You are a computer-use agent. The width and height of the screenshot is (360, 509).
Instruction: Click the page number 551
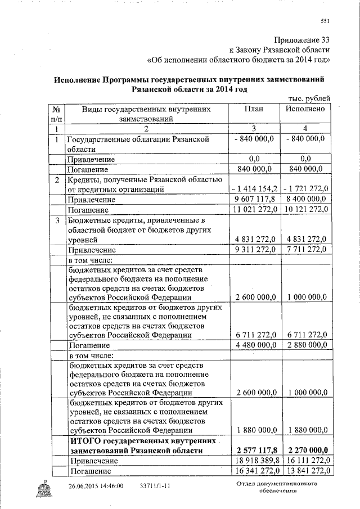coord(325,21)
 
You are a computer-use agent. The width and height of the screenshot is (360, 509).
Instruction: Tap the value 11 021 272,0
coord(254,210)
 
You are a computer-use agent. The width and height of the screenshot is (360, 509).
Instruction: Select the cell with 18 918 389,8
coord(254,461)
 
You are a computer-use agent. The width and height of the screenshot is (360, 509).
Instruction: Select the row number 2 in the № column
coord(57,180)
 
